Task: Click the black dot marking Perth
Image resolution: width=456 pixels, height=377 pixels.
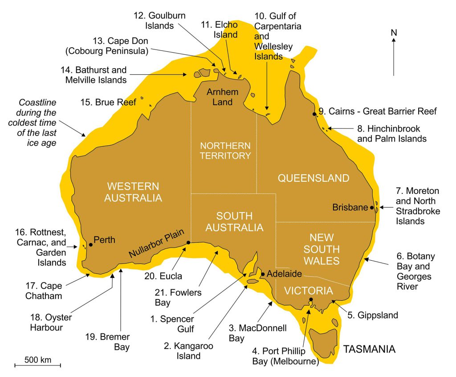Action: (90, 244)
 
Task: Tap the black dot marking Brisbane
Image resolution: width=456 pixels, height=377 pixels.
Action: (372, 207)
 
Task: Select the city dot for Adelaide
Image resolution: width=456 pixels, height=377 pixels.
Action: (263, 274)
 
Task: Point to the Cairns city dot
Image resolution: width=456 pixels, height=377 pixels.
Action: (315, 114)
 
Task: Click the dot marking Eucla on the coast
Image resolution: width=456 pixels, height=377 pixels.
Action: (188, 242)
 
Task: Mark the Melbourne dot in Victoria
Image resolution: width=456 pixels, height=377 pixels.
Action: (311, 299)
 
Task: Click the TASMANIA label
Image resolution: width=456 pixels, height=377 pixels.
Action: (369, 349)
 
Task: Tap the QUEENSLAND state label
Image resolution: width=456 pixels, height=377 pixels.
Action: (313, 178)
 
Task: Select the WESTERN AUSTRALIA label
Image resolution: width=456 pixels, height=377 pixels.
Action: (133, 192)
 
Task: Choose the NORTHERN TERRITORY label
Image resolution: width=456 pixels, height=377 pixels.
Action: (225, 151)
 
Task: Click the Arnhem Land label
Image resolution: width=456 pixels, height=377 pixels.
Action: (223, 97)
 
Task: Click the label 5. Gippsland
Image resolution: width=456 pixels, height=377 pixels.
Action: (372, 316)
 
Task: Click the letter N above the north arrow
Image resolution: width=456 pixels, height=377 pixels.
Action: (394, 33)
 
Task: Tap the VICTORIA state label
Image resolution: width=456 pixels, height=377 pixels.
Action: (309, 291)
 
